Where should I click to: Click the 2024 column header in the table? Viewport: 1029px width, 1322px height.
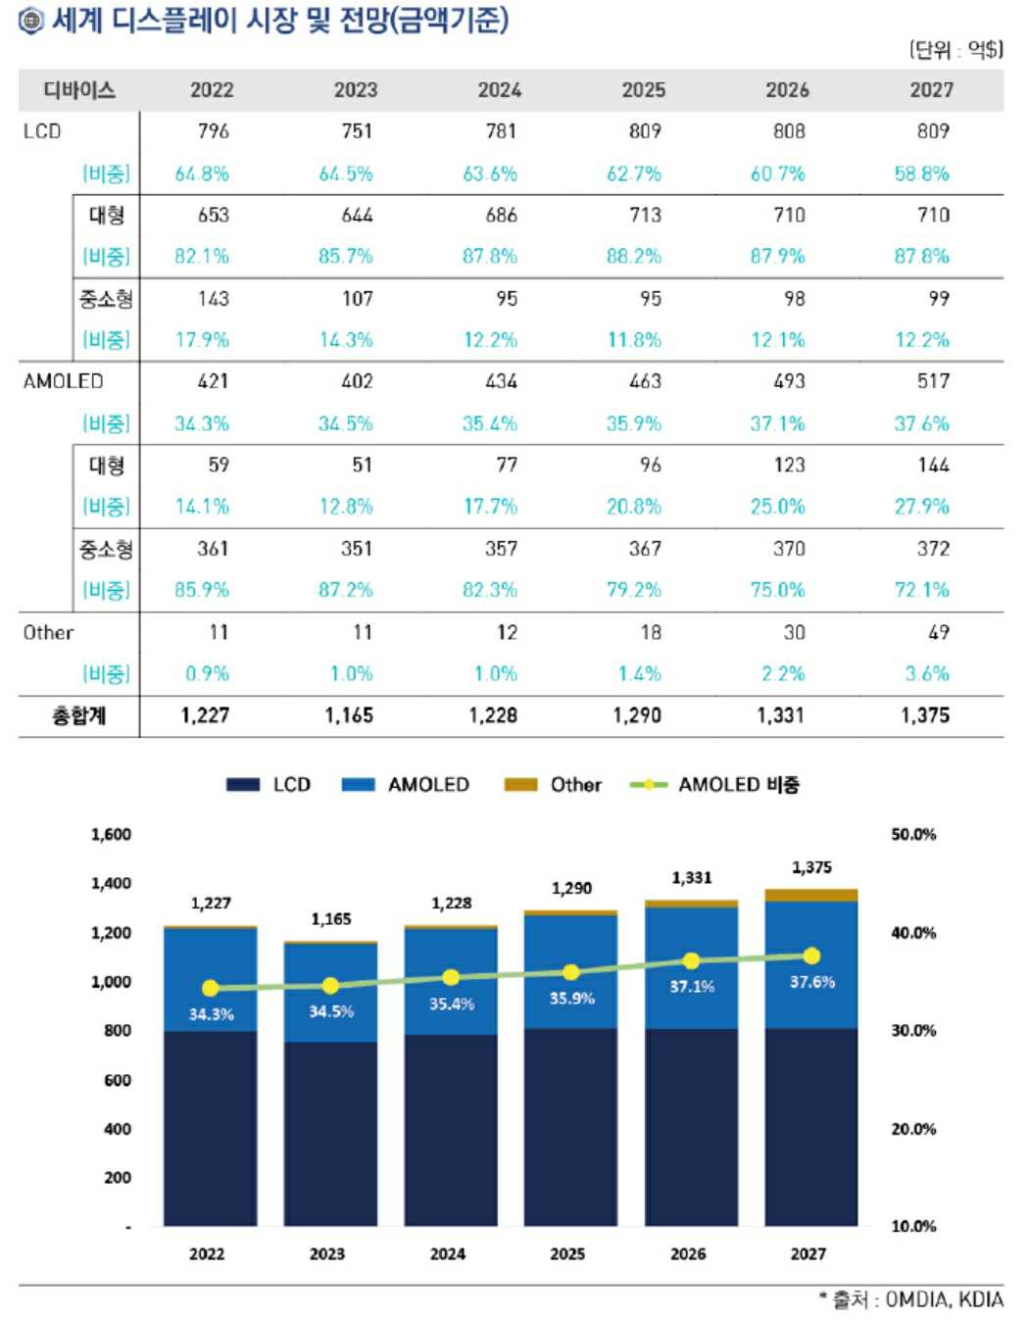[499, 90]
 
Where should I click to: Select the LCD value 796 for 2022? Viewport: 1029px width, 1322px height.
[213, 131]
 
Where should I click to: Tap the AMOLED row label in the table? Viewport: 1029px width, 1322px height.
[63, 381]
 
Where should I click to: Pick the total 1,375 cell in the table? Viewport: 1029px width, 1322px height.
[924, 715]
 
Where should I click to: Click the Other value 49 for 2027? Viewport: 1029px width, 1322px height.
[938, 633]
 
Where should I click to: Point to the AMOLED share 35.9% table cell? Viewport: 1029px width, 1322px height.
[633, 423]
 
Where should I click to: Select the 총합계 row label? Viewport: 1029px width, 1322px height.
[78, 715]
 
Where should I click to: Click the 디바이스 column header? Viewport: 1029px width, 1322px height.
[78, 90]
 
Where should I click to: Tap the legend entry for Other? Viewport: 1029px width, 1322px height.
[554, 785]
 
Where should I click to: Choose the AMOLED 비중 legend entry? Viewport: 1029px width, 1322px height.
[715, 785]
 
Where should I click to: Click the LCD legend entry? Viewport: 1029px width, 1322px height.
[269, 785]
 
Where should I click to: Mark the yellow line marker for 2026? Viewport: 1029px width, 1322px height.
[691, 961]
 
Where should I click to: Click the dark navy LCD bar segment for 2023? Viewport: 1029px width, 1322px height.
[330, 1133]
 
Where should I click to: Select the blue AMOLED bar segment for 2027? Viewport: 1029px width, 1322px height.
[810, 964]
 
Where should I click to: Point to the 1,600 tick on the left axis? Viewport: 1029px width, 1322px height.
[111, 835]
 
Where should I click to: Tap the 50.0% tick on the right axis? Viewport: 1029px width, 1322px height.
[912, 835]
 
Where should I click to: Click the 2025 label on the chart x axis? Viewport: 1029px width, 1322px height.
[567, 1253]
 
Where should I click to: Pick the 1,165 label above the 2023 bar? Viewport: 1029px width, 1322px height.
[330, 919]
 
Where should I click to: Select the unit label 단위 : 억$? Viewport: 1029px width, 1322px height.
[955, 50]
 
